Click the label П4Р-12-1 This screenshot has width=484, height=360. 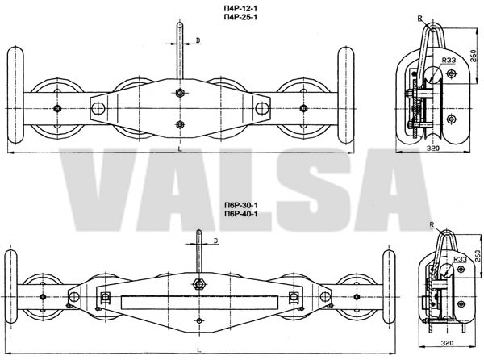tap(240, 9)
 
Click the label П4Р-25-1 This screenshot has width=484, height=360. tap(240, 17)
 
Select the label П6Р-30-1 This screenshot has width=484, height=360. tap(240, 205)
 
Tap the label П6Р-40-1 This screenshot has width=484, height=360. tap(240, 214)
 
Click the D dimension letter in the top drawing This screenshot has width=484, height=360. tap(198, 40)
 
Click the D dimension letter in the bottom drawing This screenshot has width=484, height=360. tap(216, 241)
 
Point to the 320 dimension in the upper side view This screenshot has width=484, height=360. tap(432, 149)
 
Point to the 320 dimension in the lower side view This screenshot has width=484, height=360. tap(447, 343)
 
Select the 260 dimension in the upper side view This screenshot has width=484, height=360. tap(475, 56)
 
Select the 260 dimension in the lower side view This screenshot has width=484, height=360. tap(478, 256)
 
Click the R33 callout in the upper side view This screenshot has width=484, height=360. tap(449, 61)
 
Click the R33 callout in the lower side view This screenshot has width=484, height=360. tap(460, 259)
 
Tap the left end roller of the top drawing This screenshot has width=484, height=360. tap(15, 94)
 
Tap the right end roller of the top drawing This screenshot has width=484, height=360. tap(346, 94)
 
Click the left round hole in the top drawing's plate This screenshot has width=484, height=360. tap(98, 109)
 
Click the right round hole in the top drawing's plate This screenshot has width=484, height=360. tap(262, 109)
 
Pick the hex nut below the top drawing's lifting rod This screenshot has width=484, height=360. tap(180, 93)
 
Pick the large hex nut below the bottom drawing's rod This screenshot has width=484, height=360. tap(198, 283)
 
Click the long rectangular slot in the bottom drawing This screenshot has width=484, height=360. tap(199, 303)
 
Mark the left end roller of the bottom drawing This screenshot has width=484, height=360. tap(10, 287)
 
